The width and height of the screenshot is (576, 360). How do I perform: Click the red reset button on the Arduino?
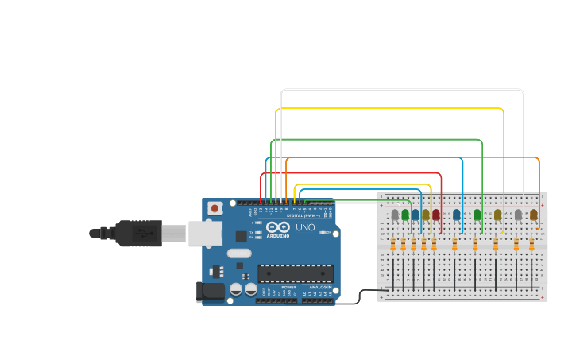coord(215,208)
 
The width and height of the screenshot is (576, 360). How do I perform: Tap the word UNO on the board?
coord(305,228)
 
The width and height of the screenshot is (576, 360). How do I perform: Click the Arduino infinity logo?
coord(278,228)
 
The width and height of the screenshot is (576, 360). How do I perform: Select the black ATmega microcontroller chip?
coord(294,274)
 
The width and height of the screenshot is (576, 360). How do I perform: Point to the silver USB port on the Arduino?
coord(205,233)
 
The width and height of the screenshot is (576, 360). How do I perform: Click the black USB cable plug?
coord(139,234)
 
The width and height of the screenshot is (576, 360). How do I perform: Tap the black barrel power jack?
coord(210,291)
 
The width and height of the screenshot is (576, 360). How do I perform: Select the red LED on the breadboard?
coord(435,215)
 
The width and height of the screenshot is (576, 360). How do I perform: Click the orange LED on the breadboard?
coord(534,215)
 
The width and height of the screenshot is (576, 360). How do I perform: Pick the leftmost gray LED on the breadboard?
coord(395,215)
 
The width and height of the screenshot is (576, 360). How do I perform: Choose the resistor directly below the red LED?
coord(434,244)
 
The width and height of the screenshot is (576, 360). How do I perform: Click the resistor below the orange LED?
coord(532,244)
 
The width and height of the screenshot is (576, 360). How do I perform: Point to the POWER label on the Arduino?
coord(288,287)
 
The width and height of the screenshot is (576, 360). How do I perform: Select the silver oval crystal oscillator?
coord(238,254)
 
